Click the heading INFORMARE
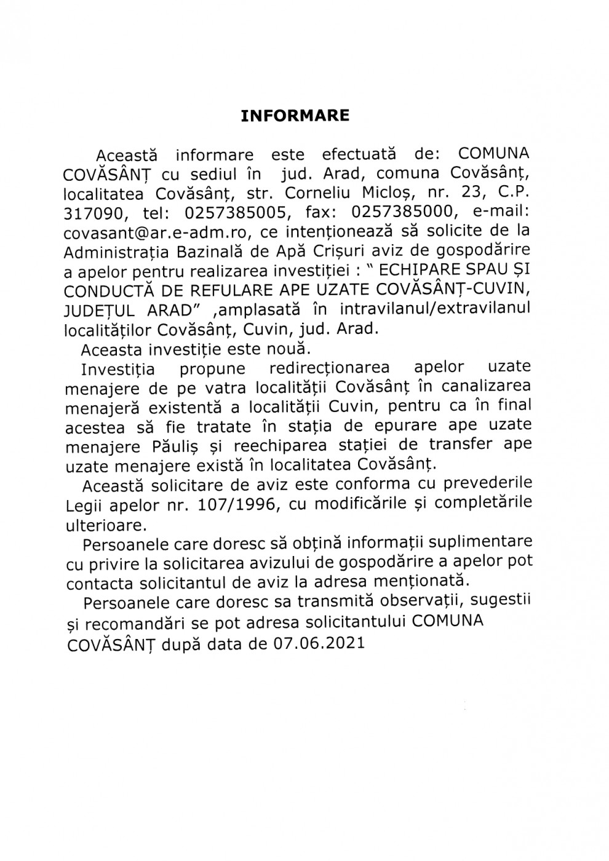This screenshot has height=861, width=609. tap(295, 116)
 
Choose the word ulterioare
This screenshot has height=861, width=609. tap(106, 525)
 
